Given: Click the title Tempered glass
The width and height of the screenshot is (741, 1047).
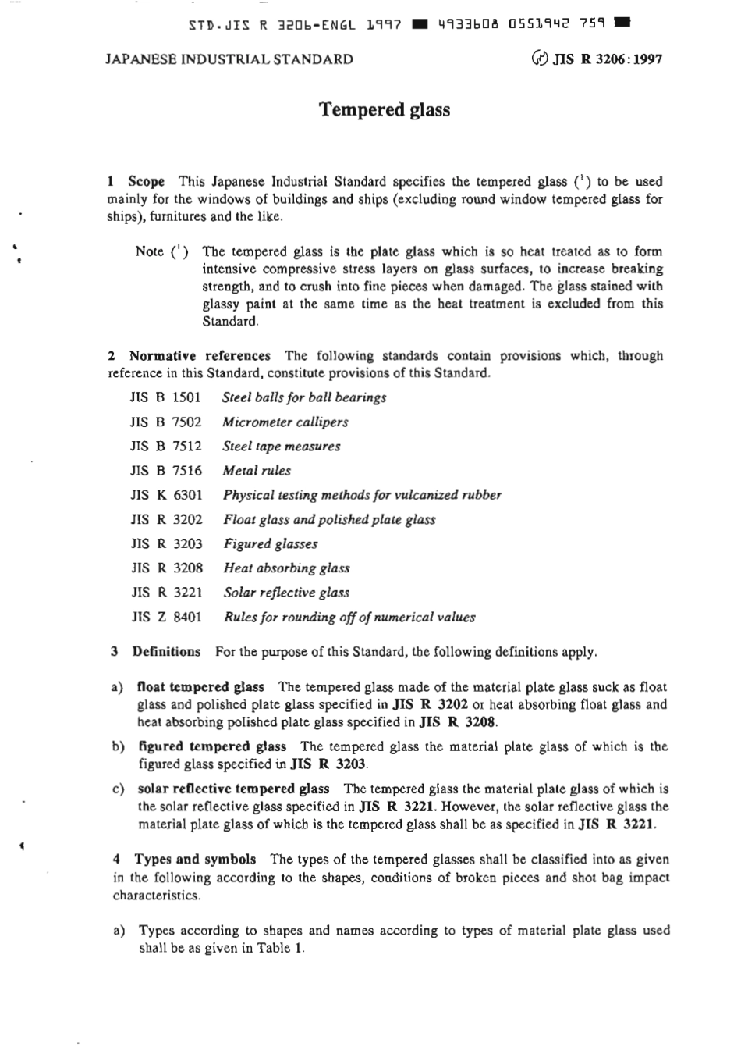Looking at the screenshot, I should (x=385, y=109).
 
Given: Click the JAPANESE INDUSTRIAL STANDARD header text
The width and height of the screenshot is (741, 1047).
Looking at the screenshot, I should (x=229, y=59).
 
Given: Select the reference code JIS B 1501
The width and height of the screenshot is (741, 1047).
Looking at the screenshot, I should (x=165, y=397).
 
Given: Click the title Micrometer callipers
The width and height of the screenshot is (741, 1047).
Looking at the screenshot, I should (x=285, y=422).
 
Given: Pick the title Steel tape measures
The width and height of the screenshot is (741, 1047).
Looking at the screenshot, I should (x=281, y=447).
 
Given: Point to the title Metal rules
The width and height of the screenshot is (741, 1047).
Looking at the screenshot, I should (x=257, y=471).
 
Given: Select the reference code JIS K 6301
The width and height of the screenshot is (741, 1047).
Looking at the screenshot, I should (x=166, y=495).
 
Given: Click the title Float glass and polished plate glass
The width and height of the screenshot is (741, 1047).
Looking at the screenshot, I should (x=329, y=519).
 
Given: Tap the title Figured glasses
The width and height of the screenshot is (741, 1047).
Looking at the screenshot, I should (x=271, y=544).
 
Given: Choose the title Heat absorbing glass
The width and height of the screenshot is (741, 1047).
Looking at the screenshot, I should (x=286, y=568).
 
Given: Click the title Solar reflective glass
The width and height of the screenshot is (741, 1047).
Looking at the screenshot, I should (x=286, y=593).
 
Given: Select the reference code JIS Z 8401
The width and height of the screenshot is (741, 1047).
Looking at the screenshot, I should (x=167, y=617).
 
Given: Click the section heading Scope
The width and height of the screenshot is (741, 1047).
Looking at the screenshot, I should (x=147, y=181).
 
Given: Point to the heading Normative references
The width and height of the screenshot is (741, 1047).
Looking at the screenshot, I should (x=200, y=356).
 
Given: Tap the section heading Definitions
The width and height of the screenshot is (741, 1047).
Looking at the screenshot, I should (x=166, y=651).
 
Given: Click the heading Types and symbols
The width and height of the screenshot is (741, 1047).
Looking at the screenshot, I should (x=194, y=860).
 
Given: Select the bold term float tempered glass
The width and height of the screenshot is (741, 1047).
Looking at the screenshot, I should (x=200, y=687).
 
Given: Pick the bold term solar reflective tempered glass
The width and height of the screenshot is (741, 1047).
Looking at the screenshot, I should (x=233, y=789).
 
